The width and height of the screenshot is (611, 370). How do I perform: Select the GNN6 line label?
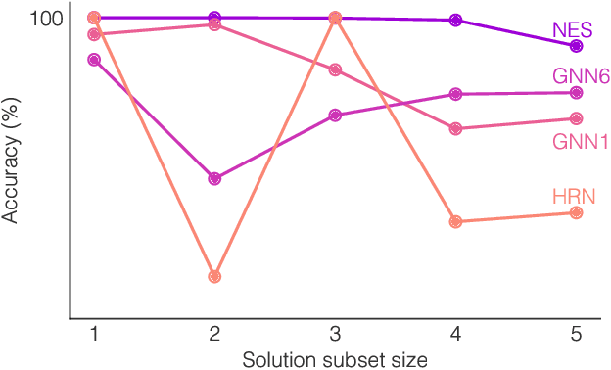tap(580, 75)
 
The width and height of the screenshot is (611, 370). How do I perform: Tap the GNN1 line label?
tap(581, 142)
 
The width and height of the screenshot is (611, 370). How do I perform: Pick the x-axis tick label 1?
tap(94, 334)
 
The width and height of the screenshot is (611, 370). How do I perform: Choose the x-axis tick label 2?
tap(214, 334)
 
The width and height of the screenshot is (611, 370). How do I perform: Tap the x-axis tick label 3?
tap(335, 334)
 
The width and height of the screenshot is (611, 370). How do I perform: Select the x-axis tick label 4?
tap(455, 334)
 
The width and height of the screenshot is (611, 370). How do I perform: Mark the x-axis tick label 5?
tap(576, 334)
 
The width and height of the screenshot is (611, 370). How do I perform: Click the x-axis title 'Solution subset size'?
tap(334, 359)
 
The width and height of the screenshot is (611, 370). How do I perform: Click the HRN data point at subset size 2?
tap(214, 276)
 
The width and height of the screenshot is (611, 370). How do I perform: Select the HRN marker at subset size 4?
tap(455, 221)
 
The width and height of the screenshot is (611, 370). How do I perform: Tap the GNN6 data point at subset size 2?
tap(214, 178)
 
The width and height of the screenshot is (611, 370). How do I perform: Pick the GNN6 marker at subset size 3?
tap(335, 115)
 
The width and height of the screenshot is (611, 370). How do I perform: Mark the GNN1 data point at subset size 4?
tap(455, 128)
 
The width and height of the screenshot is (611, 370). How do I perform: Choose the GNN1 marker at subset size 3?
tap(335, 69)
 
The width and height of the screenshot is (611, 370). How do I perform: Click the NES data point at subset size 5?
tap(576, 45)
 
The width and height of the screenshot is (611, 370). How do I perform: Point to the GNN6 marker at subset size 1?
tap(94, 60)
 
